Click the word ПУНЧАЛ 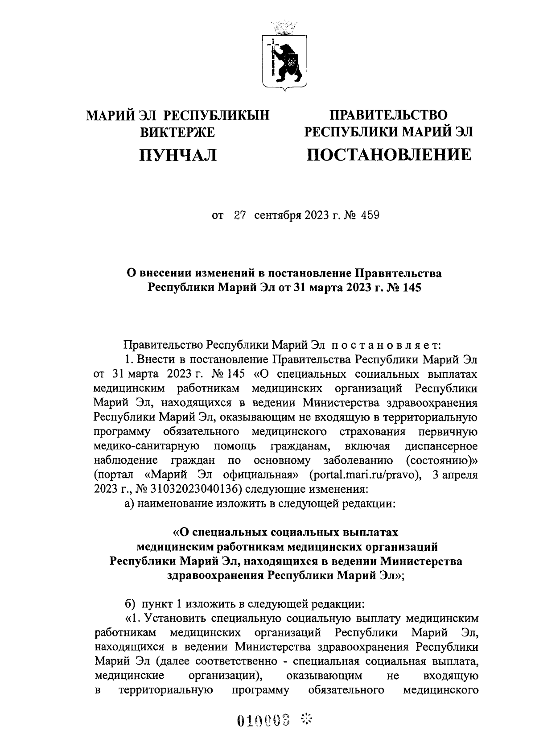[x=178, y=155]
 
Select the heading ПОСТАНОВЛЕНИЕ [x=388, y=155]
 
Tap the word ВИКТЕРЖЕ [x=178, y=132]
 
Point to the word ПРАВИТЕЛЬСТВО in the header [x=388, y=115]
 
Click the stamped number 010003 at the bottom [x=264, y=719]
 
